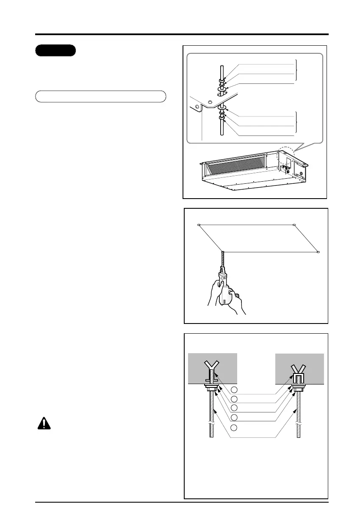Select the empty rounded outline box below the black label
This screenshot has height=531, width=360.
point(100,96)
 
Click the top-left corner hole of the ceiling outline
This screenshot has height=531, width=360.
point(198,224)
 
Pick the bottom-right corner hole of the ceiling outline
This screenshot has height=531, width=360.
point(318,252)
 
